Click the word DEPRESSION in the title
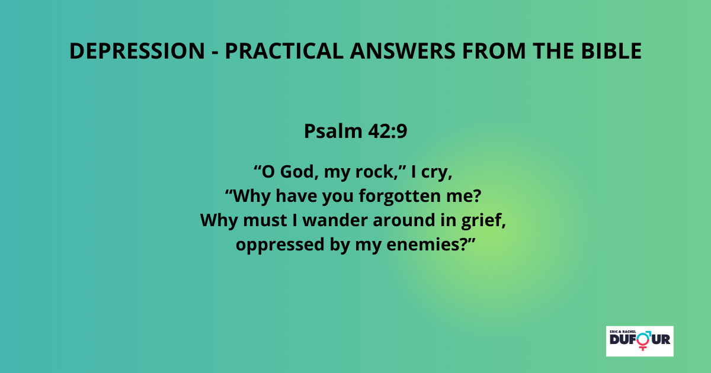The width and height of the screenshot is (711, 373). [137, 51]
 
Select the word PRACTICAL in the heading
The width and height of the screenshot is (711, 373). [284, 51]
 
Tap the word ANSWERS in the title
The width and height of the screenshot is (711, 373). [403, 51]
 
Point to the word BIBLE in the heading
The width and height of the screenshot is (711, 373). [611, 51]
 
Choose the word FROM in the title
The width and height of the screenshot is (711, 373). [494, 51]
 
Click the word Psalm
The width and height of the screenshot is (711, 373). [333, 131]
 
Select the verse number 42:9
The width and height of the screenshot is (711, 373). [387, 131]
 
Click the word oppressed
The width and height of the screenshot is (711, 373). [280, 245]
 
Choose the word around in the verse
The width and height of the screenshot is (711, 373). [403, 220]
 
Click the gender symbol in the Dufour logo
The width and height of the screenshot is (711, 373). [643, 340]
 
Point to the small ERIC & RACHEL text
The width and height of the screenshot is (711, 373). [623, 332]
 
